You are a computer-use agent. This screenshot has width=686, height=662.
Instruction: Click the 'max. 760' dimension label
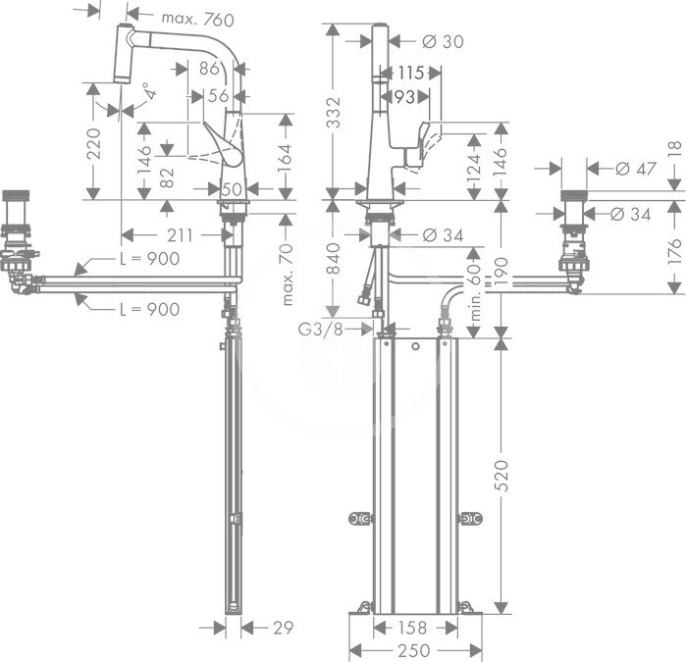197,20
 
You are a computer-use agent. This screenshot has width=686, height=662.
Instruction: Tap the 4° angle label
150,91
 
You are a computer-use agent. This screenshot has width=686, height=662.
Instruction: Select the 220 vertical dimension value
93,143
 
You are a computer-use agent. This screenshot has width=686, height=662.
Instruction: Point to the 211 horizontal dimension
180,235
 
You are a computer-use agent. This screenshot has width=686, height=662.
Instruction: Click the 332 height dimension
335,113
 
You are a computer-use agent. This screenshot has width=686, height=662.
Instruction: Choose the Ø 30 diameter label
444,41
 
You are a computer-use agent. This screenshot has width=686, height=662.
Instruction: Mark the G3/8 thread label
320,329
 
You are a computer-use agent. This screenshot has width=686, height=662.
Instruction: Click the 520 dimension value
503,476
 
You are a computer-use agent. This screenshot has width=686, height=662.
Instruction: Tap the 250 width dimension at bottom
414,650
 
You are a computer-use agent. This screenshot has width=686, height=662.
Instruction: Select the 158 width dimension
412,628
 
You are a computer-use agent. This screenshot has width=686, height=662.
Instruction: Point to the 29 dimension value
283,628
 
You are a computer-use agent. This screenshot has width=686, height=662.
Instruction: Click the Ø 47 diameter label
636,169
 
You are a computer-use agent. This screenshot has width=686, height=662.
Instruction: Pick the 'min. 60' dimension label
476,291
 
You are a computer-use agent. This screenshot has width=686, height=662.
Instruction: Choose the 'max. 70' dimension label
287,275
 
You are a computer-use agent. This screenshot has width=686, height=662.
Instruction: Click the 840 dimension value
335,258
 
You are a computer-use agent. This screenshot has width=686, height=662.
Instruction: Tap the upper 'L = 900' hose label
150,258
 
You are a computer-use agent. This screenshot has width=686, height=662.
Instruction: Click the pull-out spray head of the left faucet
123,53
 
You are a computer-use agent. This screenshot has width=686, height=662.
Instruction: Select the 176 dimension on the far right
676,250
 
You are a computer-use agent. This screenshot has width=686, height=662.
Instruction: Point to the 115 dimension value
411,73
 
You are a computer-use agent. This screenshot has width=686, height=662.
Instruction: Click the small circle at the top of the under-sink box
416,347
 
